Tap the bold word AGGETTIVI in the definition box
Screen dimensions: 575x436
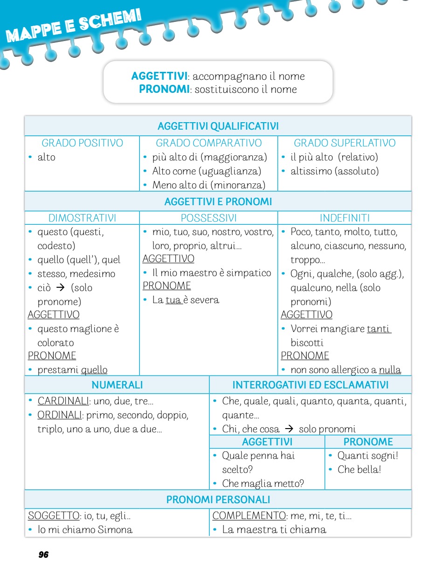tap(159, 76)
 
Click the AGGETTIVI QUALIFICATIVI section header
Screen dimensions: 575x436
tap(218, 126)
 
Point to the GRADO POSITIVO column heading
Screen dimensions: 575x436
tap(82, 143)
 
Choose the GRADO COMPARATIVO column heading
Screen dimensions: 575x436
tap(208, 143)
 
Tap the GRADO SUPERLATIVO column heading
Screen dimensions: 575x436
tap(344, 143)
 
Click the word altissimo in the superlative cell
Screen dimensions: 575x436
tap(311, 171)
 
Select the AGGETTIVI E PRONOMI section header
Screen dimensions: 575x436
tap(218, 202)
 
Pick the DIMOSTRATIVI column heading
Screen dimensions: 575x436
tap(82, 218)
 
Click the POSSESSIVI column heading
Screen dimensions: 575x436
tap(208, 218)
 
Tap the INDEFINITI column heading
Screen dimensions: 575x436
tap(345, 218)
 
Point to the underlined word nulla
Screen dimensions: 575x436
tap(390, 370)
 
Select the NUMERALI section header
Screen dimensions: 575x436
tap(117, 385)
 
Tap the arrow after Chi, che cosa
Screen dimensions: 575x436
tap(289, 429)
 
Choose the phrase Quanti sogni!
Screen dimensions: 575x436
tap(367, 456)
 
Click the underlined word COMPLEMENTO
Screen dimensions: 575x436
tap(249, 516)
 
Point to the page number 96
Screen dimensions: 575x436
tap(43, 554)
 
